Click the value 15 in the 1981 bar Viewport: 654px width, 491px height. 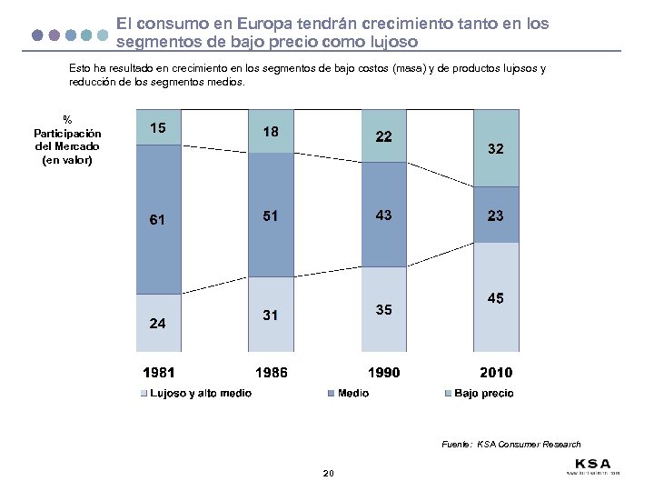tap(158, 128)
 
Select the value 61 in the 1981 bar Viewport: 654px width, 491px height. tap(158, 219)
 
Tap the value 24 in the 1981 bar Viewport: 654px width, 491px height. tap(158, 323)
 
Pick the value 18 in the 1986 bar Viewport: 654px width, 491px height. tap(271, 132)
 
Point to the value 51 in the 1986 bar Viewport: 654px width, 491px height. tap(271, 216)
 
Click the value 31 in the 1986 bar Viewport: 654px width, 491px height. tap(271, 316)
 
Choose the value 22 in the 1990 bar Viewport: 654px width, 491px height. tap(383, 136)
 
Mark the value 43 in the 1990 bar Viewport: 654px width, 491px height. tap(383, 215)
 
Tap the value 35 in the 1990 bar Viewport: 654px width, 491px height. tap(383, 310)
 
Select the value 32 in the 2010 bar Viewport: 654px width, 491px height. tap(496, 148)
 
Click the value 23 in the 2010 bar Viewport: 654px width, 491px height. tap(496, 216)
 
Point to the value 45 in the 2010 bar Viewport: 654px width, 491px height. tap(496, 298)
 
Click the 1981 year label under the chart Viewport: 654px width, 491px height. tap(158, 372)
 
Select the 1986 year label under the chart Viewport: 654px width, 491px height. tap(271, 372)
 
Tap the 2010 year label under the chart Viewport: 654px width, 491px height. tap(496, 372)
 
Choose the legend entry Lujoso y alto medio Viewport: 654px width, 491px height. tap(200, 393)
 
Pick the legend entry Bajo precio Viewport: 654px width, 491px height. tap(482, 393)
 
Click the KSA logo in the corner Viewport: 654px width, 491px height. tap(591, 464)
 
